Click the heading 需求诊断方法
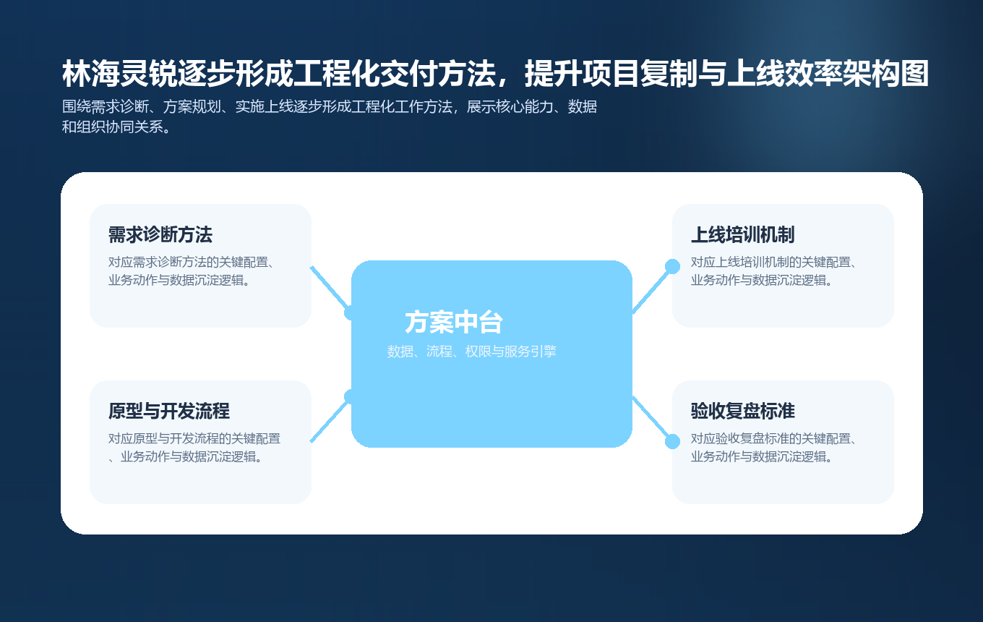(160, 235)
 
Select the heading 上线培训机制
(742, 235)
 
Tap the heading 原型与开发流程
(168, 412)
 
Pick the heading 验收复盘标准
(742, 412)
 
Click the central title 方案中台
(453, 323)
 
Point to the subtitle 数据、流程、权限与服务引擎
(471, 352)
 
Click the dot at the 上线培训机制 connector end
(672, 266)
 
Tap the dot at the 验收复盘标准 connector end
(672, 441)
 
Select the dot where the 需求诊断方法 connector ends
(351, 312)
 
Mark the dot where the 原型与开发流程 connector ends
(351, 396)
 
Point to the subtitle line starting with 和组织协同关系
(116, 128)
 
